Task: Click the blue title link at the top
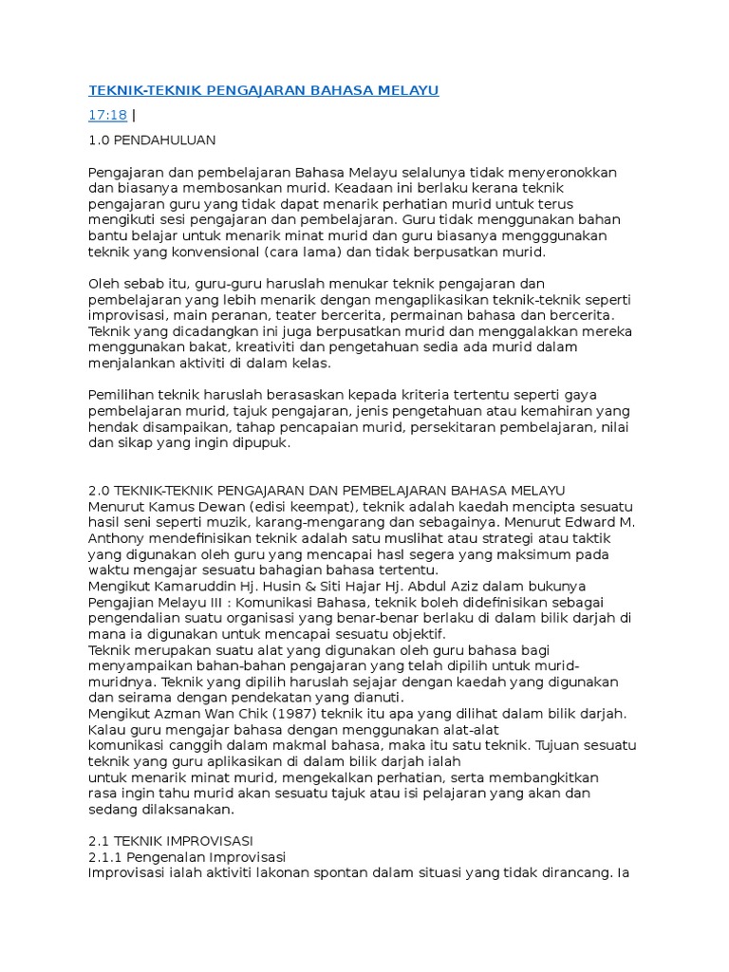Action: (263, 91)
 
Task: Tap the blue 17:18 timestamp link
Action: (107, 116)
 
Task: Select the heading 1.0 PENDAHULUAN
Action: (152, 140)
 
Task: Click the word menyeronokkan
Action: (558, 173)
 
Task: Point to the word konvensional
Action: (207, 253)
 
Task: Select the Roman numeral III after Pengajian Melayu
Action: (215, 603)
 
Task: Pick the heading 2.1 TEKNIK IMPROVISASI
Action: (170, 841)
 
